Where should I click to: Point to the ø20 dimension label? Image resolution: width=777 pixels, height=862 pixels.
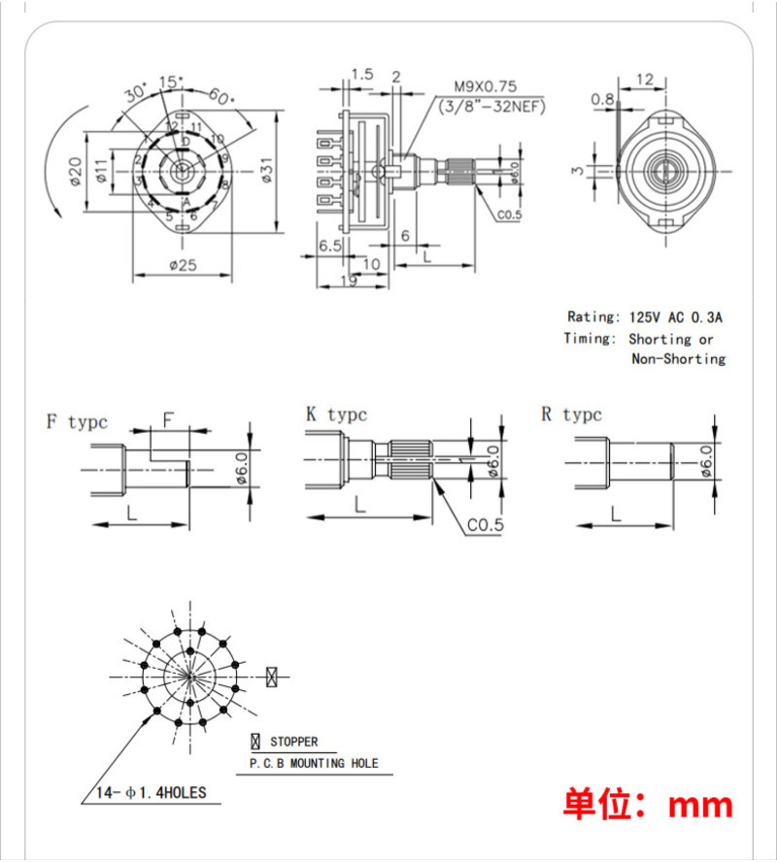(x=76, y=174)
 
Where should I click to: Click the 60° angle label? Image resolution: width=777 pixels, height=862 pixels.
(x=221, y=98)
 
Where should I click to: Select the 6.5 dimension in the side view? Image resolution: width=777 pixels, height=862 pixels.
(x=329, y=247)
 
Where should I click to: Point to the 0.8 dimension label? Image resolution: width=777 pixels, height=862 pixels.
(x=602, y=98)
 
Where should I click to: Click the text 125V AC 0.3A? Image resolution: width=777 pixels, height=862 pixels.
(x=676, y=316)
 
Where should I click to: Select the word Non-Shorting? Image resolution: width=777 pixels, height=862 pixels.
(x=678, y=359)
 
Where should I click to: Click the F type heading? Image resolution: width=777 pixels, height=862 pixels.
(x=77, y=422)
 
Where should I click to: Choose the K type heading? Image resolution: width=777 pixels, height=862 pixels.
(x=336, y=414)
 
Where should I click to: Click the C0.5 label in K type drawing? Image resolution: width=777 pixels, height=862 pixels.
(x=485, y=525)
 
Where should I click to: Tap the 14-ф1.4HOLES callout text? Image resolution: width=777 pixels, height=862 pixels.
(x=151, y=792)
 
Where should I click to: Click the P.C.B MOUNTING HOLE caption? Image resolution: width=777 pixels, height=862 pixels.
(x=314, y=764)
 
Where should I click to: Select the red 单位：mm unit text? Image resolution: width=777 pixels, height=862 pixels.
(x=648, y=804)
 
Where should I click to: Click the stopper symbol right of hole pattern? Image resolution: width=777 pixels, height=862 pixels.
(x=273, y=676)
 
